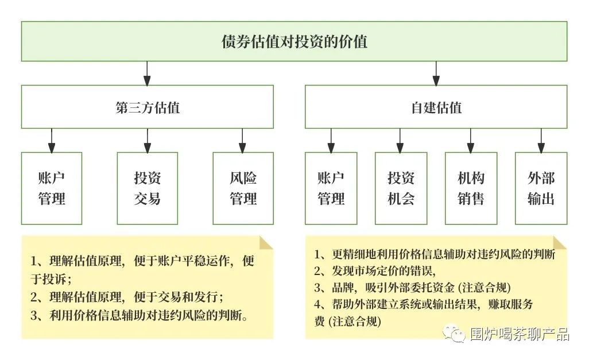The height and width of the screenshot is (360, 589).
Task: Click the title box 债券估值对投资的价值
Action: pos(294,41)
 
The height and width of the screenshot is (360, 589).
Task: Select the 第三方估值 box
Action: pos(147,107)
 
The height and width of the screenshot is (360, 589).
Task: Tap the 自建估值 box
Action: pos(436,107)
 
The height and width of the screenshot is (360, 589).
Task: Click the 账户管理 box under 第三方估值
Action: pos(52,188)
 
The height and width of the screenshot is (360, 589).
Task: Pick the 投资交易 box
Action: pos(147,188)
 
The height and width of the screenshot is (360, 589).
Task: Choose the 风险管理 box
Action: pos(243,188)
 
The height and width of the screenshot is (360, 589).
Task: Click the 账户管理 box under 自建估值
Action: pos(331,188)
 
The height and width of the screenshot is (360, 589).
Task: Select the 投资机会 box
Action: pos(401,188)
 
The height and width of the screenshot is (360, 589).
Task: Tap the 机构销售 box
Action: pos(471,188)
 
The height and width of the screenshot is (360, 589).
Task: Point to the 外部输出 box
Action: pos(541,188)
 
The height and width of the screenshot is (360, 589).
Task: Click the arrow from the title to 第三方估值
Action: pos(147,73)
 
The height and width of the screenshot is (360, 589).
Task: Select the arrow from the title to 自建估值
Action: pos(436,73)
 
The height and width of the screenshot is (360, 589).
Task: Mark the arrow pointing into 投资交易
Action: pos(147,140)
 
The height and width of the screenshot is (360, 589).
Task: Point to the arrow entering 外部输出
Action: pos(541,140)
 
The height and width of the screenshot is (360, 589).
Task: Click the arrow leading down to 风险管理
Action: pos(243,140)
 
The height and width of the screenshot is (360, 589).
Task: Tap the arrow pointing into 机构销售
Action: pos(471,140)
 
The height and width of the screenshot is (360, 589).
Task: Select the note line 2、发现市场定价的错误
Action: pos(375,271)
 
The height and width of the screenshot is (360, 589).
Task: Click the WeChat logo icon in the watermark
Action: pos(457,334)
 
